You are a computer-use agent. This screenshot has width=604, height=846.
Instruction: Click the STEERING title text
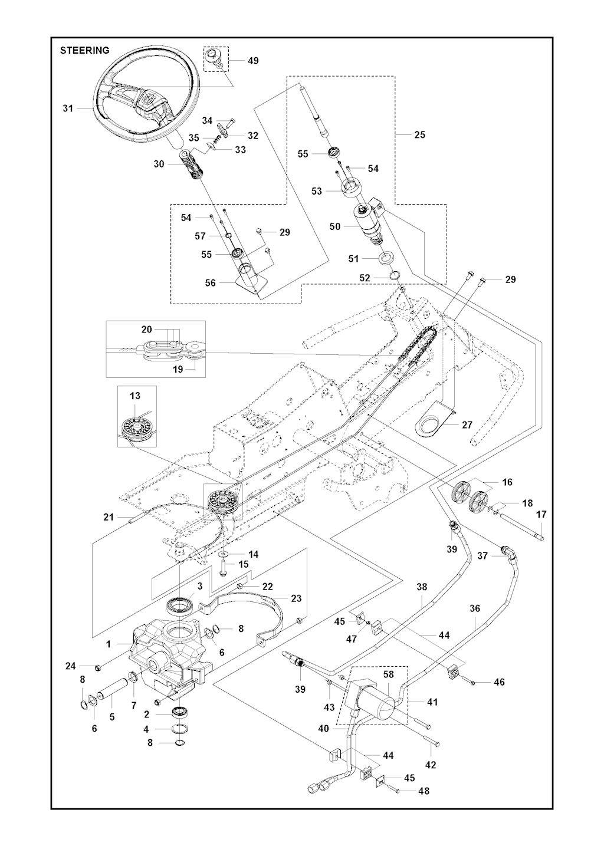(84, 50)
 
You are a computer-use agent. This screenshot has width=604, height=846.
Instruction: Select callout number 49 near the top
(253, 61)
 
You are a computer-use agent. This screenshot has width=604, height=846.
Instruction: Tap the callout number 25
(419, 134)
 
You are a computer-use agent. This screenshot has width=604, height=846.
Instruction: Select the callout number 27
(467, 424)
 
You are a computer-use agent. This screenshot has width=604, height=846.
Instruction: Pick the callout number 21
(108, 517)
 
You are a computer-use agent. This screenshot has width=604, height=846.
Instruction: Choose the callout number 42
(431, 765)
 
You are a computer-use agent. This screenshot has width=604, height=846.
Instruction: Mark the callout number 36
(475, 608)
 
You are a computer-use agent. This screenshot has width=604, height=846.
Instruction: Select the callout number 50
(335, 226)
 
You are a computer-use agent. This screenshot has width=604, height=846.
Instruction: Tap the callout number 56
(210, 282)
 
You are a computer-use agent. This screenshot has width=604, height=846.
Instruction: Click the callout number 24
(71, 666)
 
